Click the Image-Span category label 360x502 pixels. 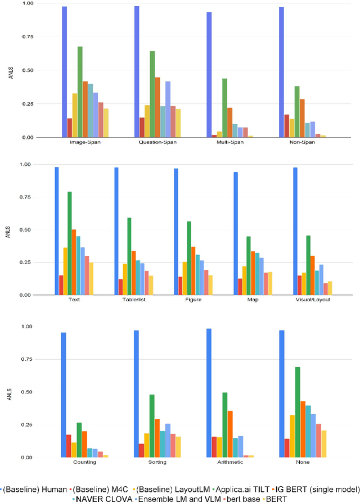85,142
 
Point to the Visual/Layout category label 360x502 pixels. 313,300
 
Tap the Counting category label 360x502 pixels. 84,462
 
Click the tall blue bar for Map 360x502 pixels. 236,233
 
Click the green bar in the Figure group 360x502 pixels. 189,258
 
